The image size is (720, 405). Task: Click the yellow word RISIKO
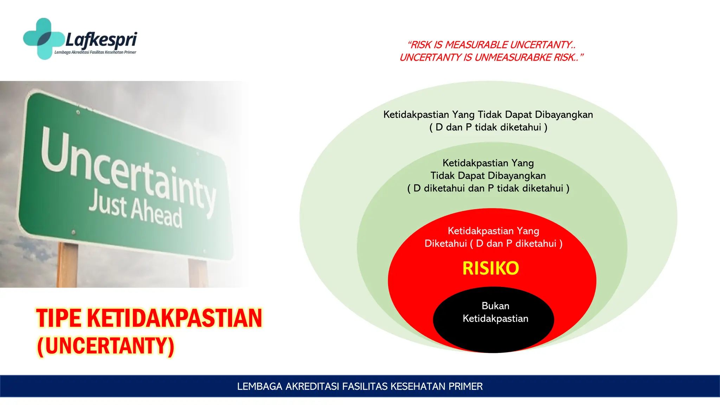[490, 268]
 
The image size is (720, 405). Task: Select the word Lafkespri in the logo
[101, 39]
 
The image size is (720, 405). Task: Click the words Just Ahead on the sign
[135, 209]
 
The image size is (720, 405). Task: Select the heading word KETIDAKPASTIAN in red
[174, 318]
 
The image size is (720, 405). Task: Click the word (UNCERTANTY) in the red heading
[106, 346]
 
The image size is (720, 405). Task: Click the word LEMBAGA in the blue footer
[259, 386]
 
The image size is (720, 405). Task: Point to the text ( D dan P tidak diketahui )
[488, 127]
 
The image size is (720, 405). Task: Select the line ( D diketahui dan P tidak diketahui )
[488, 188]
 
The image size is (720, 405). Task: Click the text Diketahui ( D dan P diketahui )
[493, 244]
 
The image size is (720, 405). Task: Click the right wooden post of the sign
[198, 273]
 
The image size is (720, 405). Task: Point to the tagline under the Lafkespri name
[95, 52]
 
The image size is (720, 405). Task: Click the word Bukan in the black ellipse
[495, 306]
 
